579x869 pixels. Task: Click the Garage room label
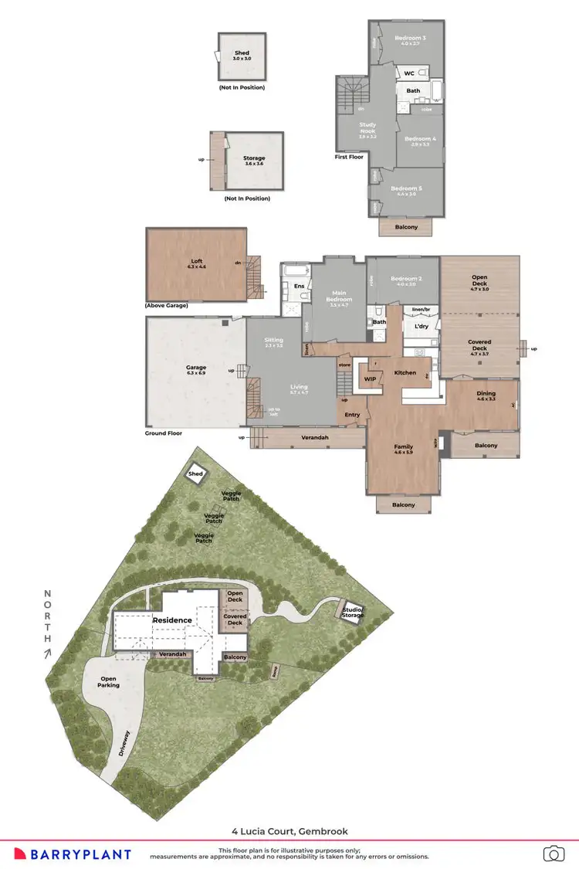coord(196,368)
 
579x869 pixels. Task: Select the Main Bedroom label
coord(340,295)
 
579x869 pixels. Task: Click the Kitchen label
coord(405,373)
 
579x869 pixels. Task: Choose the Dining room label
coord(486,394)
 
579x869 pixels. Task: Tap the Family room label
coord(403,446)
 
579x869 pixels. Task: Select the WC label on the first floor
coord(410,73)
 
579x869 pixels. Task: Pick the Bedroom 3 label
coord(410,38)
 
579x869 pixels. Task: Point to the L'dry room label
coord(422,327)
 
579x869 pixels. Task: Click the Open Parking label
coord(109,682)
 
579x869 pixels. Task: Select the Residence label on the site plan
coord(171,620)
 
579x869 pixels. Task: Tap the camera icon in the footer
coord(554,854)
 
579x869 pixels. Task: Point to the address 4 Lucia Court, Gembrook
coord(289,831)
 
